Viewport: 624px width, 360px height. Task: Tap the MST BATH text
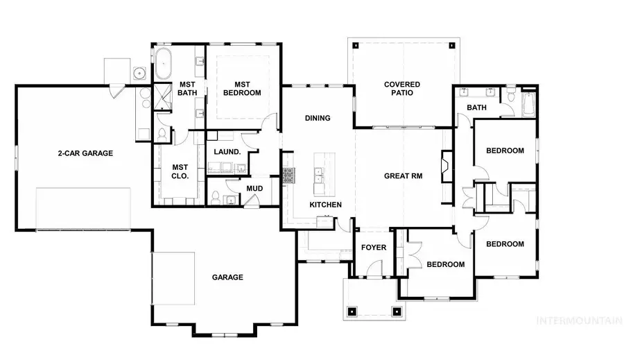coord(187,88)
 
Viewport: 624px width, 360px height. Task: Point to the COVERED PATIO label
coord(402,88)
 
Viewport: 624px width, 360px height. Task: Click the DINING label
coord(318,118)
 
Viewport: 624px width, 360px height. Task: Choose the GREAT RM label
coord(403,176)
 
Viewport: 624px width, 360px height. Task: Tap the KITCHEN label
coord(325,206)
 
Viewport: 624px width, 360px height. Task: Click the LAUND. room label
coord(228,152)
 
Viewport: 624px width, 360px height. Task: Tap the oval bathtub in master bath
coord(164,64)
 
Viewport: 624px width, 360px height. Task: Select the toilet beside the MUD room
coord(216,197)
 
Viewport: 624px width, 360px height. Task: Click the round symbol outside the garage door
coord(139,71)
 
